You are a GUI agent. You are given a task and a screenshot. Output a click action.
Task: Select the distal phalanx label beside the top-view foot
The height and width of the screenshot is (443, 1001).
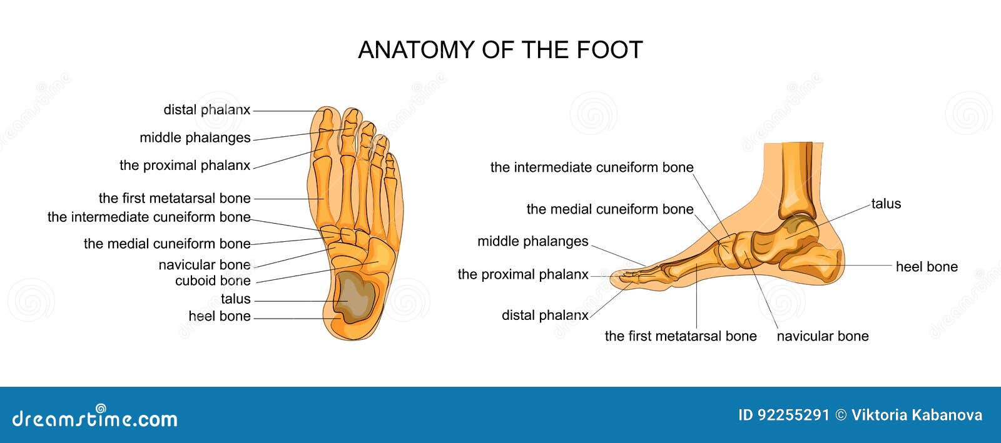206,110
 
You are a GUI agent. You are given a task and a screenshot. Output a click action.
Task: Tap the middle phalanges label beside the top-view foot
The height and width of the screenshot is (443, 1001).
195,137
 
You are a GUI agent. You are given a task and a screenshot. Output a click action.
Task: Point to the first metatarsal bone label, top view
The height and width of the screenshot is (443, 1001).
175,198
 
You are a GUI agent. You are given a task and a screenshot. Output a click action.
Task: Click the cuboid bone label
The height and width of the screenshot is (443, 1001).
213,281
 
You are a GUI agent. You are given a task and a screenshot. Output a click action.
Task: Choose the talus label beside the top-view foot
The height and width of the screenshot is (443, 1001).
235,299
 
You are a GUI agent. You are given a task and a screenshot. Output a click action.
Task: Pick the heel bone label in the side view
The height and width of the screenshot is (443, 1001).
927,267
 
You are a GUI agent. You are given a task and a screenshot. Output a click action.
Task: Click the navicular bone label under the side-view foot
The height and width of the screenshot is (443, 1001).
822,336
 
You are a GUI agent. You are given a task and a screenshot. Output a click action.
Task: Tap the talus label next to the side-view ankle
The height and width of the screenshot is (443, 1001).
886,204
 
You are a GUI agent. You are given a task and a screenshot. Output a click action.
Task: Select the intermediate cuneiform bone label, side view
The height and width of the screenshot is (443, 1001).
592,167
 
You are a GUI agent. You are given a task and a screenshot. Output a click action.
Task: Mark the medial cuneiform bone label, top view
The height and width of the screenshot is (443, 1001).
167,244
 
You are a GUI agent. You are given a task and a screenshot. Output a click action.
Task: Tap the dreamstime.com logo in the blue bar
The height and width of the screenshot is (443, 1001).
95,417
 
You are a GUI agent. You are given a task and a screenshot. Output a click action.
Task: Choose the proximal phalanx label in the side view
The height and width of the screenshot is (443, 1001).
523,274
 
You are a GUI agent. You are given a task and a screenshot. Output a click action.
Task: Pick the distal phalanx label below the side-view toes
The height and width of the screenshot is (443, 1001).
545,316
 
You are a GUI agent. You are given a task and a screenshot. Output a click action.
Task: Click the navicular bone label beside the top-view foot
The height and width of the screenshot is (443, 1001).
205,265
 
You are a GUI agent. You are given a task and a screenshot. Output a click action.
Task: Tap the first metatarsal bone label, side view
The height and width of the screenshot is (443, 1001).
681,336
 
